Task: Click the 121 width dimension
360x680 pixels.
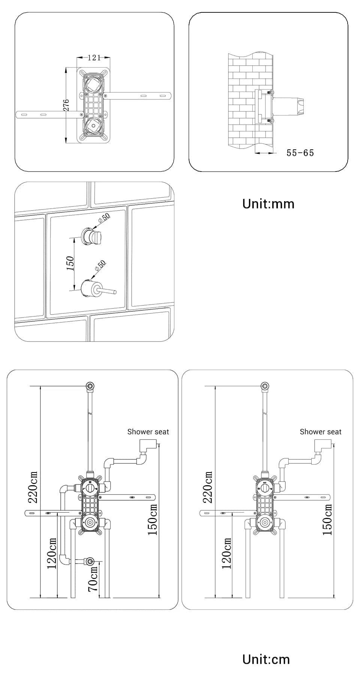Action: pos(94,57)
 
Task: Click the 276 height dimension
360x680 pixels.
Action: pos(66,105)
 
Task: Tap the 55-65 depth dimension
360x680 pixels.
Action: pos(300,153)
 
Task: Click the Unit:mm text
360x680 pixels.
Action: pos(268,204)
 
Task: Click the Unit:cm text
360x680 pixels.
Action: pos(266,659)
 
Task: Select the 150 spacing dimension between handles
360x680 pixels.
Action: pos(70,263)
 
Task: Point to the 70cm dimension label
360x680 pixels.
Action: pos(93,578)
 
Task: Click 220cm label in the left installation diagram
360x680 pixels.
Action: pos(33,487)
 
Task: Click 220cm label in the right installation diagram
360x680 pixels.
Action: pos(208,487)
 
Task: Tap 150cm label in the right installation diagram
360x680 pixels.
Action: pos(327,519)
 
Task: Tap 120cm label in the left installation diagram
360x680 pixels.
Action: pos(52,553)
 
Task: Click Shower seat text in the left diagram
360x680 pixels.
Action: pos(148,432)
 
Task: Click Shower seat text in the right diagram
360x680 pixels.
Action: pos(321,432)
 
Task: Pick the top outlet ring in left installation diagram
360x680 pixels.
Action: pos(90,386)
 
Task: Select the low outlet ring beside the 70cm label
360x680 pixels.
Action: pos(90,561)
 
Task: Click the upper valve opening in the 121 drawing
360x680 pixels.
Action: pos(93,84)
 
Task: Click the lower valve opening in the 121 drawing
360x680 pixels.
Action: pos(92,126)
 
